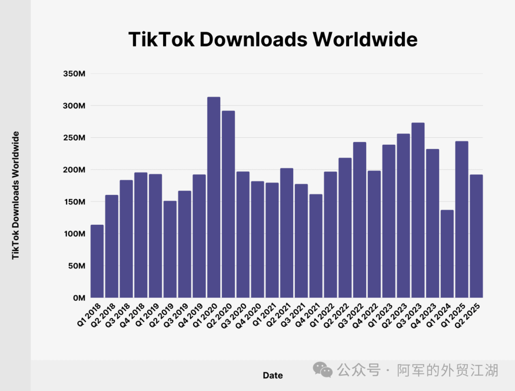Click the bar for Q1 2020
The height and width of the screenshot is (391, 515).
click(214, 198)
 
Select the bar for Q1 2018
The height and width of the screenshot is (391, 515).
click(97, 261)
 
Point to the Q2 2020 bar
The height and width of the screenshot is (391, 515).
click(228, 204)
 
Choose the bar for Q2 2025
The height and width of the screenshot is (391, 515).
click(476, 236)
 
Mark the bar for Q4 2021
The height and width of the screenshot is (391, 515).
click(316, 246)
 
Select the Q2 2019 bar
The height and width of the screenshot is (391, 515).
click(170, 249)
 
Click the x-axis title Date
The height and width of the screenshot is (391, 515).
click(273, 375)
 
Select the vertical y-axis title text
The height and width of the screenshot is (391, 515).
click(16, 195)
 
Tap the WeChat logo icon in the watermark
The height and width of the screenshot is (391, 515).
click(323, 370)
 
